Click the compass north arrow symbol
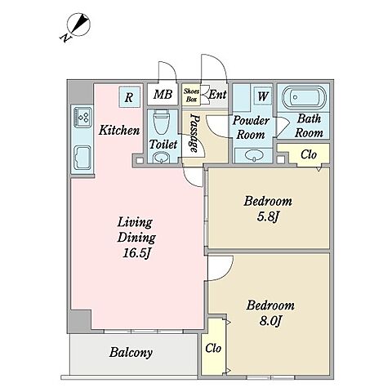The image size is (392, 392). click(79, 24)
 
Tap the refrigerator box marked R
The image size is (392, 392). click(129, 97)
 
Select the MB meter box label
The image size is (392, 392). click(163, 95)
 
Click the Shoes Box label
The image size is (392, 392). click(191, 95)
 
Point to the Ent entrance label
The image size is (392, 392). click(217, 95)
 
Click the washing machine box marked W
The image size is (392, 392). click(263, 96)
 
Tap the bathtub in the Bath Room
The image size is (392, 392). click(304, 97)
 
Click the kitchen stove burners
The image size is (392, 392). click(82, 117)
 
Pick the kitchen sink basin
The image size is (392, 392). click(82, 158)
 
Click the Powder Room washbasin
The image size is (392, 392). click(254, 156)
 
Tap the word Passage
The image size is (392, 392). click(195, 132)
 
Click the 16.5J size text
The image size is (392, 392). click(136, 253)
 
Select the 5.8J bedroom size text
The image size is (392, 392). click(268, 217)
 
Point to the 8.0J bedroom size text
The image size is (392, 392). click(270, 321)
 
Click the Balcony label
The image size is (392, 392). click(131, 353)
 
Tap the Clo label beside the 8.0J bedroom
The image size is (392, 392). click(213, 348)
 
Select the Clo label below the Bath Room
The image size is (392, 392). click(309, 154)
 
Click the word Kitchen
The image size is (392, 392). click(119, 130)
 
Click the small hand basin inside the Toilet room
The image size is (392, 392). click(162, 158)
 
